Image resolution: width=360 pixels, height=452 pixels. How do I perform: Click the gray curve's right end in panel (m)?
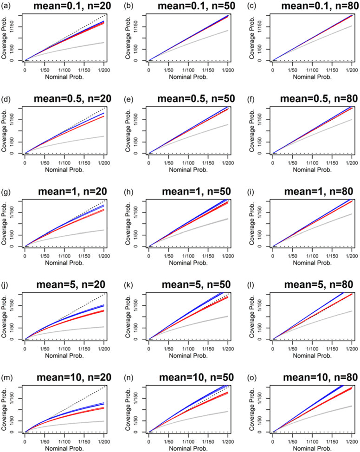coord(103,421)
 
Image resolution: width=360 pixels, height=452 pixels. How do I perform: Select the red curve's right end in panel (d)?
coord(103,116)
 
